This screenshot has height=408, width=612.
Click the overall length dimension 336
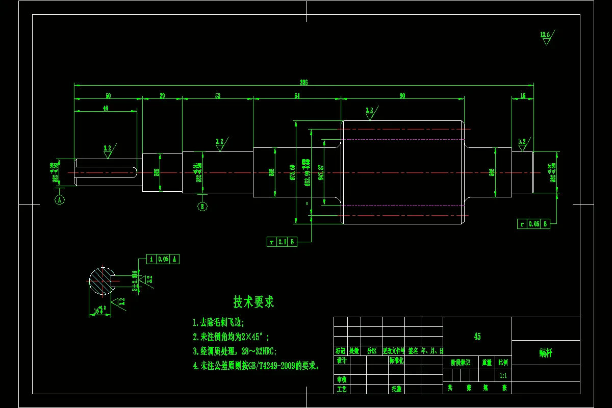(x=304, y=82)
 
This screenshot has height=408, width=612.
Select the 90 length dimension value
(x=402, y=96)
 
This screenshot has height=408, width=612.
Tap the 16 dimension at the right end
(x=523, y=96)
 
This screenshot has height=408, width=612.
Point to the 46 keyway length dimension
(x=106, y=108)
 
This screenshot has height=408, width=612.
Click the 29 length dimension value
(x=162, y=96)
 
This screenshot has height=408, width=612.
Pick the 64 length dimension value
(x=297, y=96)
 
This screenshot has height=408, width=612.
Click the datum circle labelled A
(x=60, y=200)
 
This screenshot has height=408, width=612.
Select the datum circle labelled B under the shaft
(x=202, y=207)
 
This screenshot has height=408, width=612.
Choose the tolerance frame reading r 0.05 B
(x=533, y=224)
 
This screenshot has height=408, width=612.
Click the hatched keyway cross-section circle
(x=103, y=280)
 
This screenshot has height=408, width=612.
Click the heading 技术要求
(x=253, y=302)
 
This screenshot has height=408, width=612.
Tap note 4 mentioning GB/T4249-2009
(x=256, y=366)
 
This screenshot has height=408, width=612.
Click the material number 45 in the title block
(x=477, y=337)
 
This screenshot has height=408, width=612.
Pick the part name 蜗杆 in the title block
(x=546, y=352)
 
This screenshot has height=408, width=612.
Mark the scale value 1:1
(x=503, y=375)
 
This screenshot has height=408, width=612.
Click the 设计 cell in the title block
(x=341, y=361)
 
